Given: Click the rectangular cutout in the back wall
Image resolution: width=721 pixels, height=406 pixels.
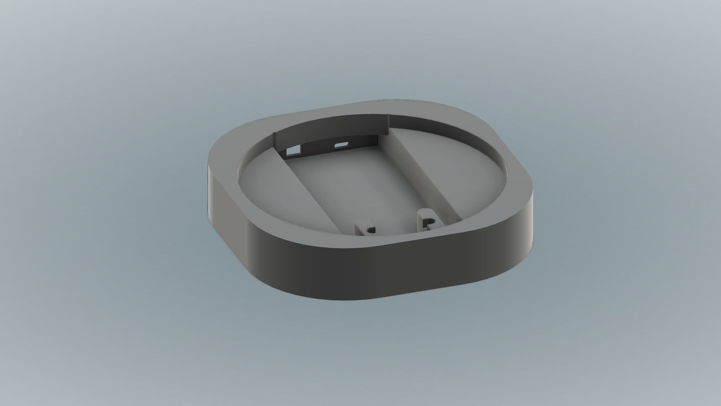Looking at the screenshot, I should pyautogui.click(x=293, y=151).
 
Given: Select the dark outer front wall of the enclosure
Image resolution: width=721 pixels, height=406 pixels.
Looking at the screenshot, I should pyautogui.click(x=376, y=274).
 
